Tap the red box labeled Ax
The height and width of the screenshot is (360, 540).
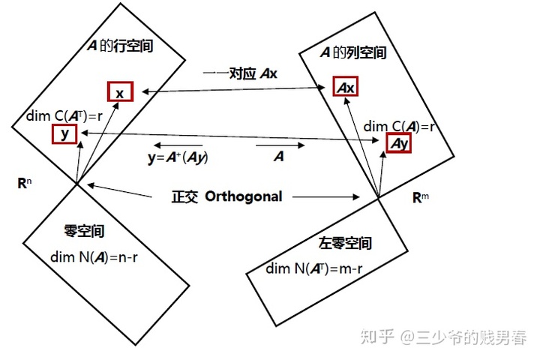pyautogui.click(x=345, y=88)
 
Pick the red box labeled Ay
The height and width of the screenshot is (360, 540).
pyautogui.click(x=398, y=142)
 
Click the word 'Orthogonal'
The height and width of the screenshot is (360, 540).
pyautogui.click(x=244, y=196)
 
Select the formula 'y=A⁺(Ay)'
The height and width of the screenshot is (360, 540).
pyautogui.click(x=178, y=158)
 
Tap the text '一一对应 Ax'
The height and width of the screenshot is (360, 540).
pyautogui.click(x=241, y=73)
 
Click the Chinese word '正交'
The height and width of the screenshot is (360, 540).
pyautogui.click(x=185, y=196)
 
